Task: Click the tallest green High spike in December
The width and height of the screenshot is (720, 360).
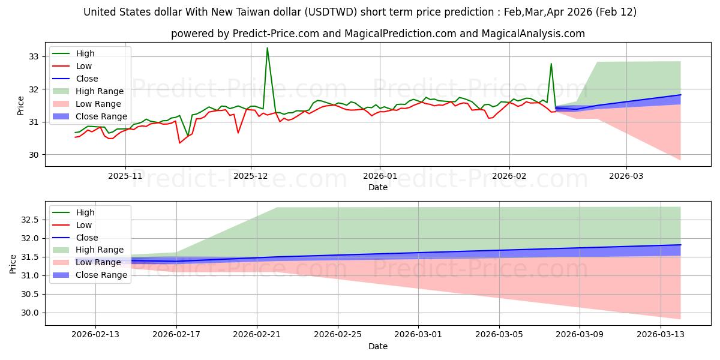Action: [267, 48]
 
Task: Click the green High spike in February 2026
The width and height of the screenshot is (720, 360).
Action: [551, 64]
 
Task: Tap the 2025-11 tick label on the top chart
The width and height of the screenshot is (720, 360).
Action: [125, 176]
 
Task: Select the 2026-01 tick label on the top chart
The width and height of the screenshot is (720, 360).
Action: [379, 176]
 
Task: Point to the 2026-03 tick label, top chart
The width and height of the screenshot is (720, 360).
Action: [626, 176]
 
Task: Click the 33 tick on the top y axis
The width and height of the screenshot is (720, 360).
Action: [34, 56]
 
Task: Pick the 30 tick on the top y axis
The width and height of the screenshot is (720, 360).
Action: [34, 155]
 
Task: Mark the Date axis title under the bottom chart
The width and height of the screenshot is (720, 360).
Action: [378, 346]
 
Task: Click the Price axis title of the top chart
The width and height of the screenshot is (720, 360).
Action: [21, 105]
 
